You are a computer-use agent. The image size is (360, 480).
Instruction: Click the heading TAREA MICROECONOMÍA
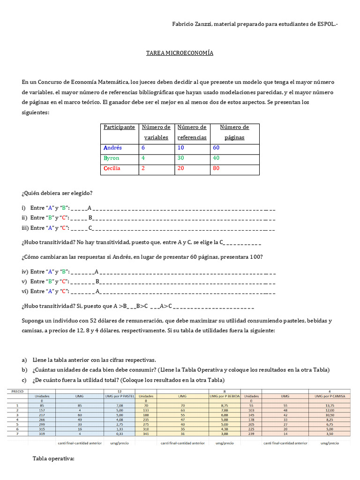[180, 53]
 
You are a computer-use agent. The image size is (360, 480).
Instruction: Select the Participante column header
[119, 127]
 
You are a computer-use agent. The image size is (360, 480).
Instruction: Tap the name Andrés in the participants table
[112, 148]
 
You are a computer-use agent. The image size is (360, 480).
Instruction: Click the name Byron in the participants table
[112, 158]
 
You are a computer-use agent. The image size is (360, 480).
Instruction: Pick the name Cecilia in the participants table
[112, 169]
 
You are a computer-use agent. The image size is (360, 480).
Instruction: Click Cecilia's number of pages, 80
[217, 169]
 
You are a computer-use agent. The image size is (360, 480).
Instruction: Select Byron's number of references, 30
[180, 158]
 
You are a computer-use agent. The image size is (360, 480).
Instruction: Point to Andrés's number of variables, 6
[143, 148]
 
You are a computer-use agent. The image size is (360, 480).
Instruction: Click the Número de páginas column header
[234, 132]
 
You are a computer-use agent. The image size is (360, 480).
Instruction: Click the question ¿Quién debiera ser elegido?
[57, 193]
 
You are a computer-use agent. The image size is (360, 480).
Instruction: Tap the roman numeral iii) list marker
[25, 228]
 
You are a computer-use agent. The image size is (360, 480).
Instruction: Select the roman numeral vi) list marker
[25, 291]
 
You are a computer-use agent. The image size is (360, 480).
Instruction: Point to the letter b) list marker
[24, 370]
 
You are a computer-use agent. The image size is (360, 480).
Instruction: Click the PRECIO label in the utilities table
[17, 390]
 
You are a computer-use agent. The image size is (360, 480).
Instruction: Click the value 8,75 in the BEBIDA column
[225, 406]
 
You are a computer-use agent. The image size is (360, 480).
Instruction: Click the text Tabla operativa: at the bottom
[53, 458]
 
